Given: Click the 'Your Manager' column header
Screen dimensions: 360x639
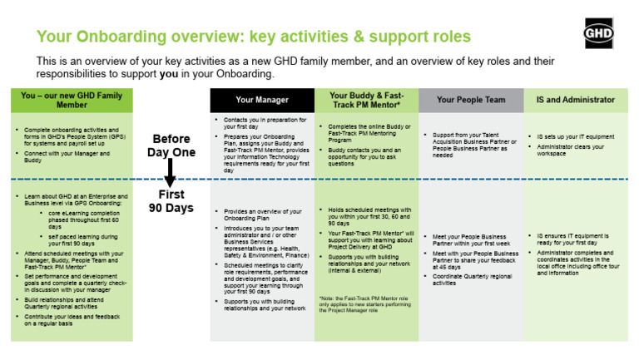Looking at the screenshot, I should [262, 100].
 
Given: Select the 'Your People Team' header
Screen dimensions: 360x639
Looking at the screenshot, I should [470, 100].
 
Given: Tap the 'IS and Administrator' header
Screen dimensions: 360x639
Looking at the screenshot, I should [576, 100].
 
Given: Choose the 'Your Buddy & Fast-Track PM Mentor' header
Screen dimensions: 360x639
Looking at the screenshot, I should [366, 100].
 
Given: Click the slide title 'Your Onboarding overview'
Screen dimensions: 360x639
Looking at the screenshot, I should [254, 37].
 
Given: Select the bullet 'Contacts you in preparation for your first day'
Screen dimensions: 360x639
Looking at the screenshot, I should [260, 124].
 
